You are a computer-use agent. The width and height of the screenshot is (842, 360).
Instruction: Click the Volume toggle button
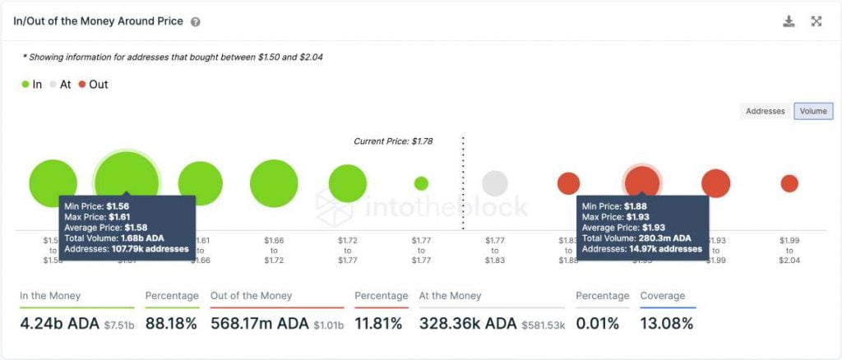(x=812, y=111)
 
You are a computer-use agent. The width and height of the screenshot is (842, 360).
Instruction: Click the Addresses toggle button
(x=765, y=111)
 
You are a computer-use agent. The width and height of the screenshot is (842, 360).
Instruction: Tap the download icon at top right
(x=789, y=21)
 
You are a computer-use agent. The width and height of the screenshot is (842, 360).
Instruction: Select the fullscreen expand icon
(x=817, y=21)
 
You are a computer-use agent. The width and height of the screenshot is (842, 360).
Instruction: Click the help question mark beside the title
(x=195, y=22)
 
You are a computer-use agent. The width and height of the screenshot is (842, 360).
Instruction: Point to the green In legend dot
(x=25, y=85)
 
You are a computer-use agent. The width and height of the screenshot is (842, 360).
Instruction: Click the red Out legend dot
(x=82, y=85)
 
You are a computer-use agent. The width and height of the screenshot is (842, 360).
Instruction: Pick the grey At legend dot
(x=53, y=85)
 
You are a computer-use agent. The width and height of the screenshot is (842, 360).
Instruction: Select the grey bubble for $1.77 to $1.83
(x=494, y=183)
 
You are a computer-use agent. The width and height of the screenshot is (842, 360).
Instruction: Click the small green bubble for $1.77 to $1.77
(x=421, y=183)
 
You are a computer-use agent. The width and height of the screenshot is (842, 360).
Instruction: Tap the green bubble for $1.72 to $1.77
(x=348, y=183)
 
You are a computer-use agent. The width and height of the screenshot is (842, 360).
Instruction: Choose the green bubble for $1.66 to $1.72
(x=274, y=183)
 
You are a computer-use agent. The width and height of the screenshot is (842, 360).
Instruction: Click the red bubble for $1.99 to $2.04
(x=789, y=183)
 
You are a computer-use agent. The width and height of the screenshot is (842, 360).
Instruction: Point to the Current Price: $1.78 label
(x=393, y=141)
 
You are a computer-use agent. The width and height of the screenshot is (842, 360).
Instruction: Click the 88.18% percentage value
(x=171, y=324)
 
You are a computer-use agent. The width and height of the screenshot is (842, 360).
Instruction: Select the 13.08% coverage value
(x=666, y=324)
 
